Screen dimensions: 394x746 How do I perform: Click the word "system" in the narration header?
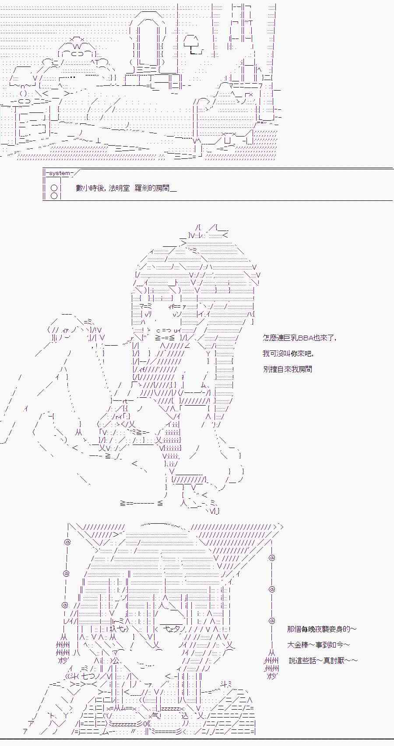[59, 173]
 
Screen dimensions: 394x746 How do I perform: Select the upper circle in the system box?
[54, 188]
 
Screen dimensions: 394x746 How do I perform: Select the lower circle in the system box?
[54, 196]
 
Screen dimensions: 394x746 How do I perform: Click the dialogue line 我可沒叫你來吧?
[288, 353]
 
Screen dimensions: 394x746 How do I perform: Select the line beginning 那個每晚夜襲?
[322, 629]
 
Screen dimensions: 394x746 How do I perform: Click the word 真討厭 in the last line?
[338, 660]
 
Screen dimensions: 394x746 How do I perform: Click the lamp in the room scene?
[193, 44]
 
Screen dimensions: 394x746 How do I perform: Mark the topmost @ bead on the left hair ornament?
[67, 542]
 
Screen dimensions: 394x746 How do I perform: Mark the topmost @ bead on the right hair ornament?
[272, 557]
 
